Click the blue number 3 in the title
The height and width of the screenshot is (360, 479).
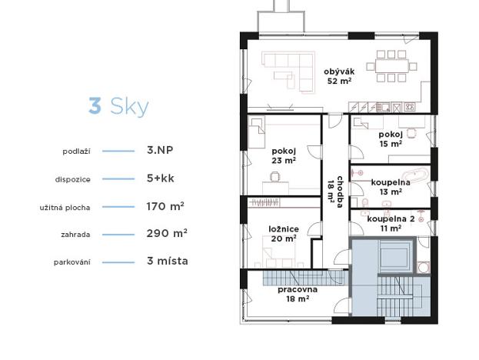[95, 105]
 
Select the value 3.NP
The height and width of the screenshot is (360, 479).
[160, 151]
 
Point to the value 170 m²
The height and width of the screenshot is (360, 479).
[165, 205]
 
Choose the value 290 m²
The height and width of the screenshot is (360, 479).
[166, 232]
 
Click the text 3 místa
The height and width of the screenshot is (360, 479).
[167, 261]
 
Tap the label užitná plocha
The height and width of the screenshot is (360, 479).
[65, 206]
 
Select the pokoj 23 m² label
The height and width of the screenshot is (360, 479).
[284, 156]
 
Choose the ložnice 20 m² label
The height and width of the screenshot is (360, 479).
[282, 233]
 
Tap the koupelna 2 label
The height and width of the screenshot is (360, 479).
[390, 223]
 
